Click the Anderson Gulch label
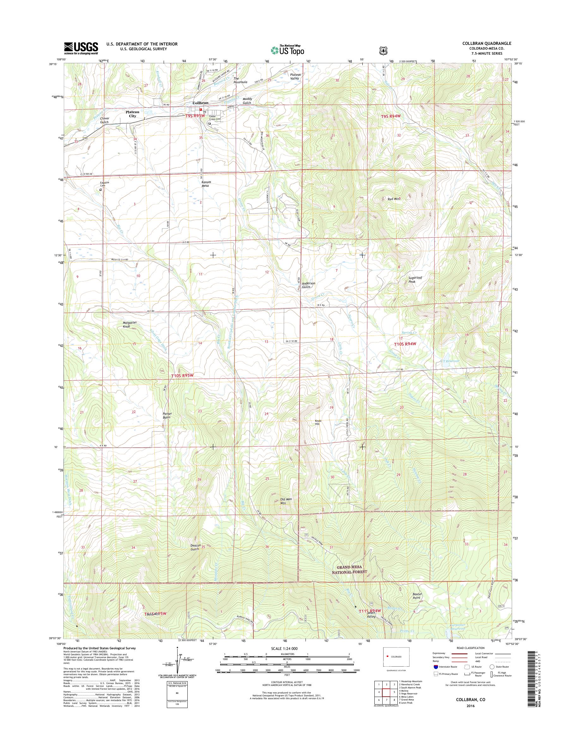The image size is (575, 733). (x=308, y=285)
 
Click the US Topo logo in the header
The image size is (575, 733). (x=287, y=50)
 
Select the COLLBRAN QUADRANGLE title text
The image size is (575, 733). (x=490, y=43)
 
